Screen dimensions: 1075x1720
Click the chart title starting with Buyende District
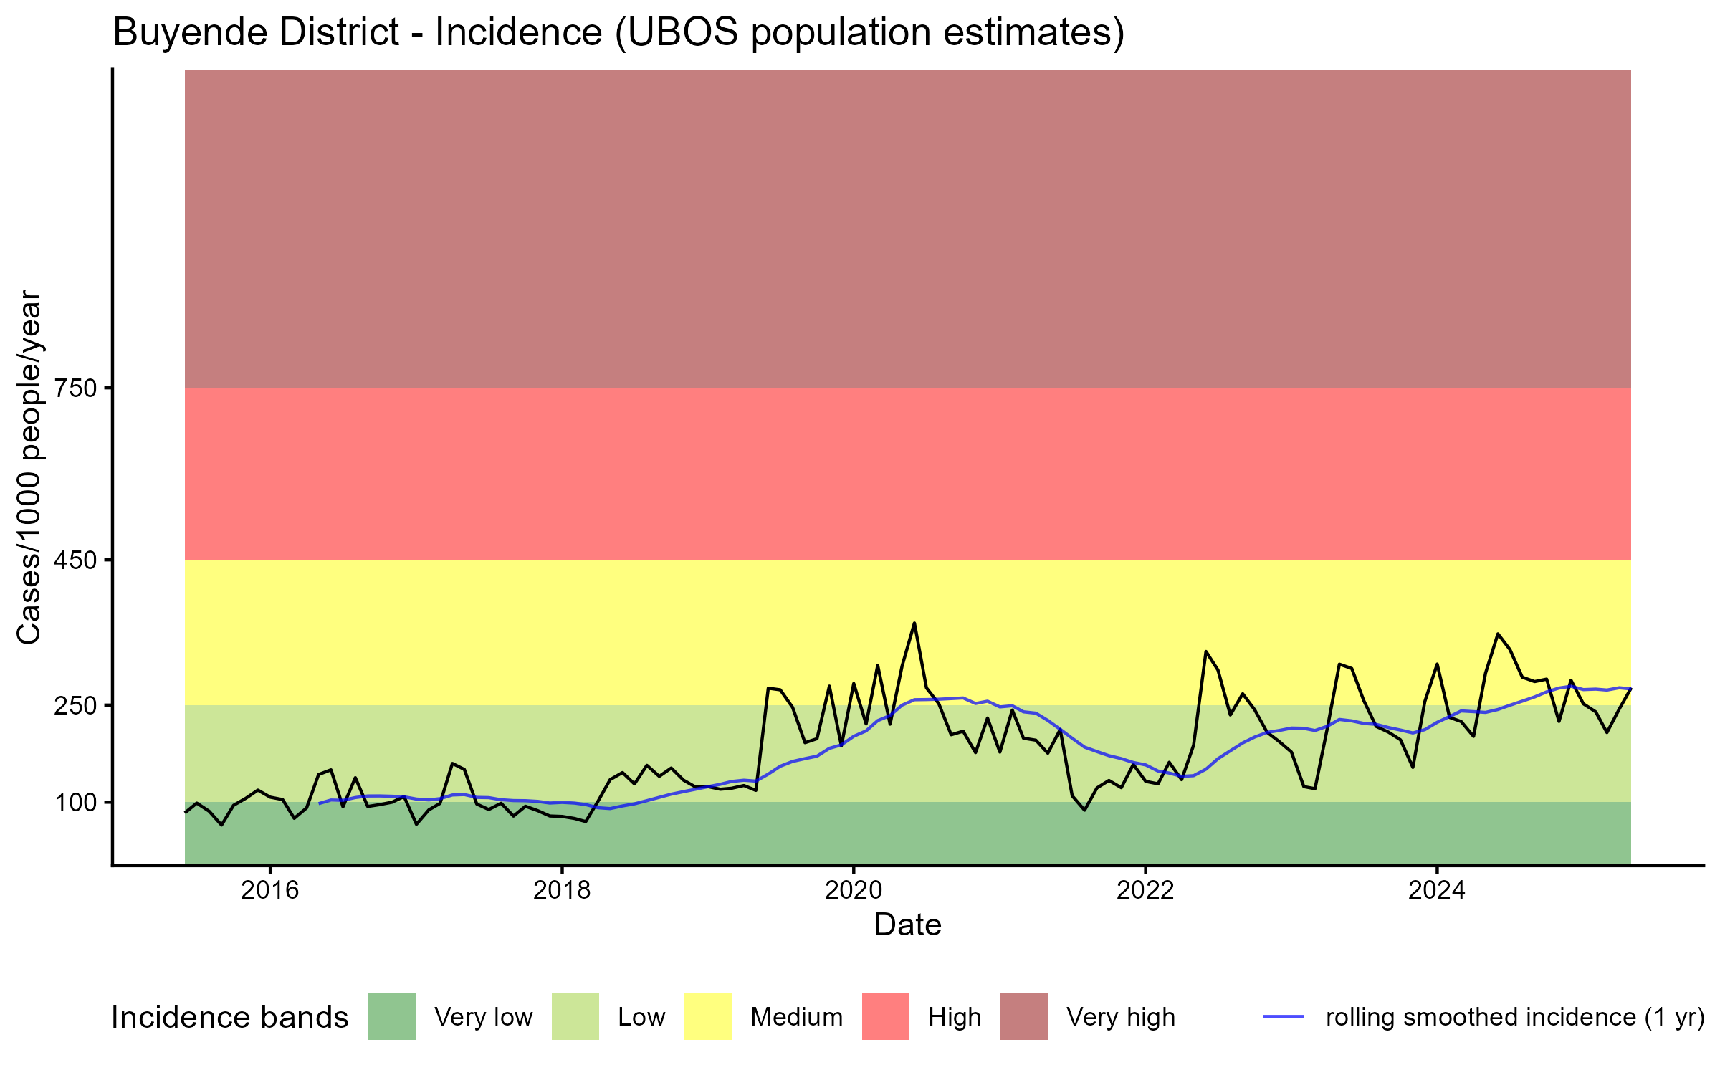[618, 33]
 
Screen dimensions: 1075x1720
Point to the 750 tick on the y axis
[75, 388]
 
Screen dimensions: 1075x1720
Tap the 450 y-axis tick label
[75, 560]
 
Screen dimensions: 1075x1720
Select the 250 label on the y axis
[75, 706]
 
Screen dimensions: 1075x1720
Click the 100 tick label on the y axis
[75, 803]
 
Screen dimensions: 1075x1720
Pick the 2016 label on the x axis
[269, 890]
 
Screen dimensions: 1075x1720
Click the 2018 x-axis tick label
[562, 890]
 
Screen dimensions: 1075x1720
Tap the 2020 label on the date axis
[854, 890]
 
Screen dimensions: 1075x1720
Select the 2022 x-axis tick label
[1145, 890]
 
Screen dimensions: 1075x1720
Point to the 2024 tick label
[1437, 890]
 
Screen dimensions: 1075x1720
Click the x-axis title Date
[907, 925]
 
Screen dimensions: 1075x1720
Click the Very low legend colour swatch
[391, 1016]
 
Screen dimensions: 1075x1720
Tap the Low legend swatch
[575, 1016]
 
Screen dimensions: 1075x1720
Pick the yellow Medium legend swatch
[708, 1016]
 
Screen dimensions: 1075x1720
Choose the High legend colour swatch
[885, 1016]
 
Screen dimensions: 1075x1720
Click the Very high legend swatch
[1023, 1016]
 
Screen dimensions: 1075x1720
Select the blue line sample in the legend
[1283, 1016]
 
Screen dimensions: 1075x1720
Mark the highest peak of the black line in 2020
[914, 623]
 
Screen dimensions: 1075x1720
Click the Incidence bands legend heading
[229, 1018]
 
